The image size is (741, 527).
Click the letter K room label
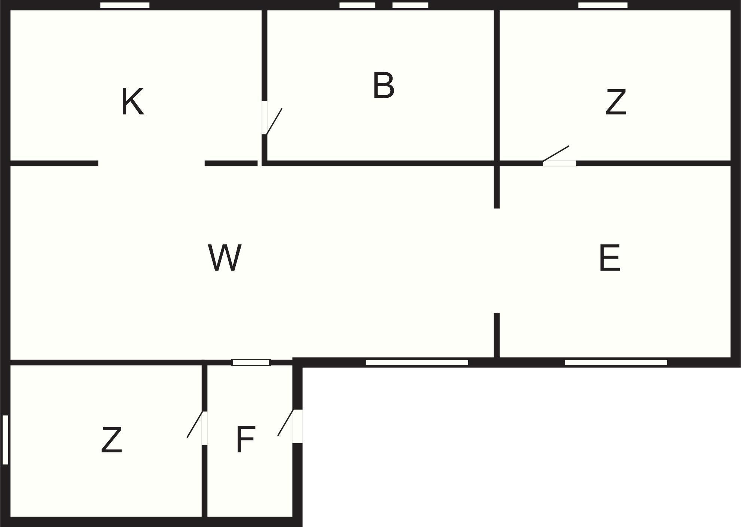coord(132,102)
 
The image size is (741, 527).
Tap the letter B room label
coord(384,85)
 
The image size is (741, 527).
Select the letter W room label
coord(225,258)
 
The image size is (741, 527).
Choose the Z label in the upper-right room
coord(616,102)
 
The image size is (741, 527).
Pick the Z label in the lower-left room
coord(112,440)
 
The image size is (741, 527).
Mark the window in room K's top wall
coord(125,5)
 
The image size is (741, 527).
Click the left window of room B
coord(357,5)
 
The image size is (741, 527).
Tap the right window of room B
coord(410,5)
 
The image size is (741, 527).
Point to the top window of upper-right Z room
coord(603,5)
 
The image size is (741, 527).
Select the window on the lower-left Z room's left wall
coord(5,440)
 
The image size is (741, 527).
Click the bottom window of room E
coord(616,362)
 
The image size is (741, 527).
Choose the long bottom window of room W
coord(417,362)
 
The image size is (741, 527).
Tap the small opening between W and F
coord(251,362)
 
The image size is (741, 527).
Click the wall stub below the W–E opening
coord(497,335)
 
